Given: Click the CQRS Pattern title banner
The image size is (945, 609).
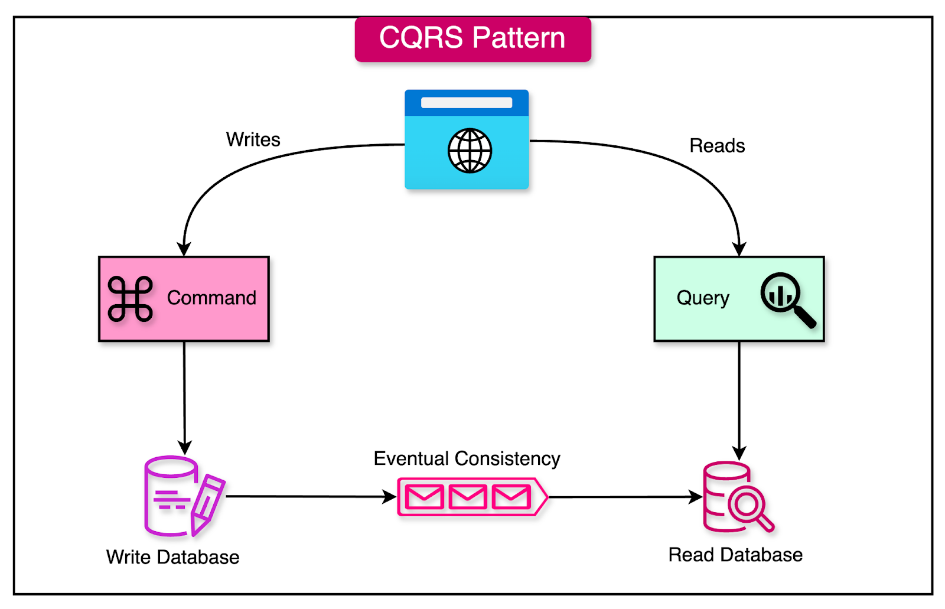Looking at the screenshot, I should pyautogui.click(x=472, y=39).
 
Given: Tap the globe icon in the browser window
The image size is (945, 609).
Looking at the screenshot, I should pyautogui.click(x=470, y=151).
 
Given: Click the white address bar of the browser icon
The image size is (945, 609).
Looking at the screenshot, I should pyautogui.click(x=466, y=103).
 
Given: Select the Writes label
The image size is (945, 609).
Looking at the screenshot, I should pyautogui.click(x=253, y=140).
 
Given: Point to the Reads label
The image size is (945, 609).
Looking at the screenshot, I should pyautogui.click(x=717, y=146).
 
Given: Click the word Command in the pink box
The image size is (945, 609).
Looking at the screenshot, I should pyautogui.click(x=211, y=298).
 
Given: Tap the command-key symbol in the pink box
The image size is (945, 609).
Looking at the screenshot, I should pyautogui.click(x=131, y=299).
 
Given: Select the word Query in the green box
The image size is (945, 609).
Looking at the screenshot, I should pyautogui.click(x=703, y=298).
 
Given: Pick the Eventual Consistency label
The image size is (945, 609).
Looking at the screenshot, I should pyautogui.click(x=467, y=458).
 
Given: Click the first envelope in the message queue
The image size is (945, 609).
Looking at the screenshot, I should pyautogui.click(x=425, y=497).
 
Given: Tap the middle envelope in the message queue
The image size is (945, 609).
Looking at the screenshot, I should pyautogui.click(x=468, y=497).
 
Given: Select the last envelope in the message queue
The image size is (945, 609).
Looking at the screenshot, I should pyautogui.click(x=511, y=497).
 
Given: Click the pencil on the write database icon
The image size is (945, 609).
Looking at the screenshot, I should pyautogui.click(x=206, y=504).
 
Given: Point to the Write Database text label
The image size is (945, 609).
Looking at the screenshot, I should pyautogui.click(x=172, y=557).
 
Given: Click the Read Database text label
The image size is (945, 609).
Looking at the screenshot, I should pyautogui.click(x=735, y=555).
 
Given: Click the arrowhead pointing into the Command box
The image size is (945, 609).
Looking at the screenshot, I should pyautogui.click(x=184, y=249).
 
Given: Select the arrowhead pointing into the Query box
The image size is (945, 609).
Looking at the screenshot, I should pyautogui.click(x=739, y=249).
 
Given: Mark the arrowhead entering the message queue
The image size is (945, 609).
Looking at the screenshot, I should pyautogui.click(x=390, y=497).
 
